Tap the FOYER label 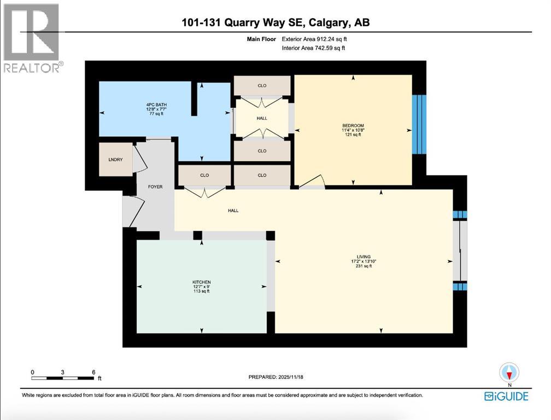155,187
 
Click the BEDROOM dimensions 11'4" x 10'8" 353,130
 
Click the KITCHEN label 202,282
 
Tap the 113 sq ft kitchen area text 202,291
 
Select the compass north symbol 508,373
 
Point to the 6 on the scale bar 93,372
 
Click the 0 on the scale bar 33,372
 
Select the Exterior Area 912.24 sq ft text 314,39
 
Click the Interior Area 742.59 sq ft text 313,48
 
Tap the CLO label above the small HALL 262,85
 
